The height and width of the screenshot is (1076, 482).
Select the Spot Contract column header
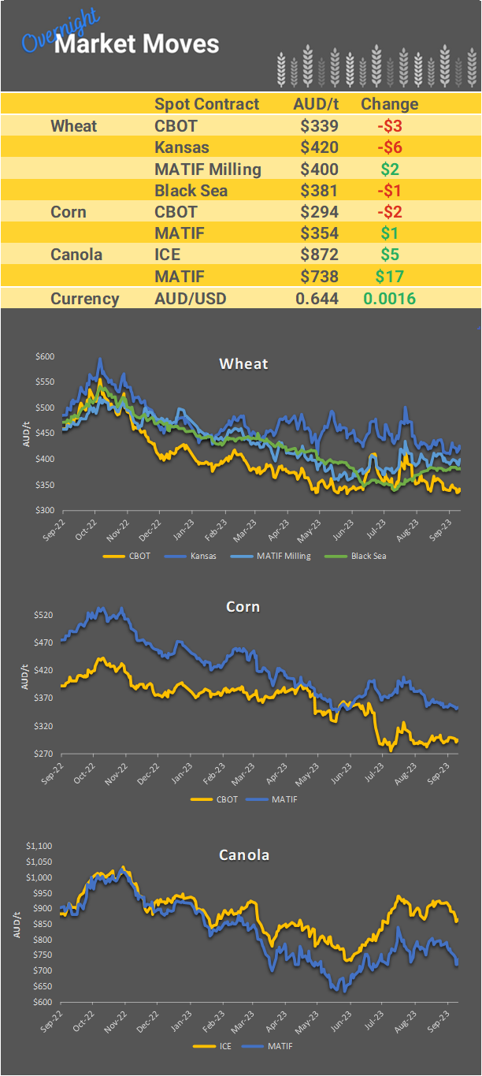(x=206, y=104)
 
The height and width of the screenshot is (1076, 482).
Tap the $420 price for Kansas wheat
(x=319, y=147)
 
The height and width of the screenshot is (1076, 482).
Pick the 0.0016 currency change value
(x=389, y=299)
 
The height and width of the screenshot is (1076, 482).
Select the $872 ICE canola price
(x=319, y=255)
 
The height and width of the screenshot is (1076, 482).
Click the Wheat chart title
(x=243, y=363)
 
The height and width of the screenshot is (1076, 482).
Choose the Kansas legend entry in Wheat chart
(x=205, y=556)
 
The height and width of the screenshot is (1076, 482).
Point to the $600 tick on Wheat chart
(x=45, y=357)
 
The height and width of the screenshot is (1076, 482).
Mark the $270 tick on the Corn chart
(x=45, y=754)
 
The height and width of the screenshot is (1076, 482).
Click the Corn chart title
(x=243, y=607)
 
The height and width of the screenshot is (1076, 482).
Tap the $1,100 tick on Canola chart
(x=39, y=846)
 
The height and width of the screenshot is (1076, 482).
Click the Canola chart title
(x=243, y=854)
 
